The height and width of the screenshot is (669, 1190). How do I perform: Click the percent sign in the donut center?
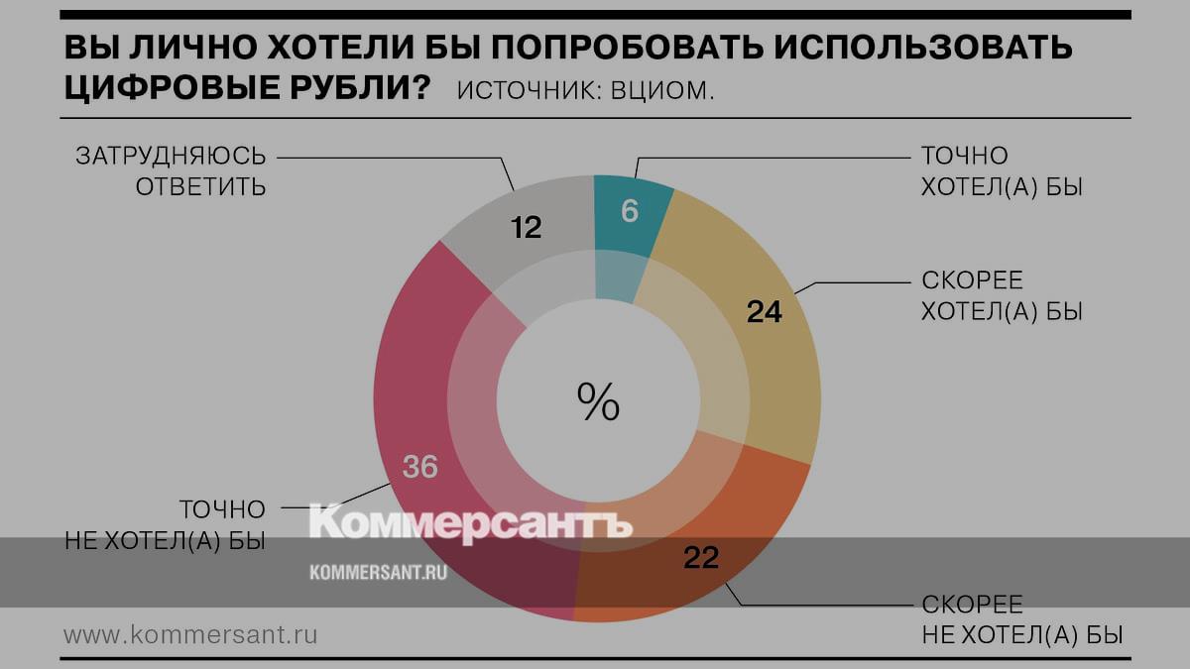tap(598, 402)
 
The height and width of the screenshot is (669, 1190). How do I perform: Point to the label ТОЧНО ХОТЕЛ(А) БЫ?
tap(1001, 170)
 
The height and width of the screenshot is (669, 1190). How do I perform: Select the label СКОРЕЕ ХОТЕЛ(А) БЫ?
tap(1001, 295)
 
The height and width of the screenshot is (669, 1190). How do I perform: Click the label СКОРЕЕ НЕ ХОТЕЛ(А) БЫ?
tap(1021, 619)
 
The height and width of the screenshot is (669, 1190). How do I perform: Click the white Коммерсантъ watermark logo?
tap(470, 522)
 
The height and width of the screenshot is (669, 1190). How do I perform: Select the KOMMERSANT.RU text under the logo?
tap(378, 572)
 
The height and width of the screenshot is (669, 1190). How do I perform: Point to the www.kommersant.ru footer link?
tap(190, 634)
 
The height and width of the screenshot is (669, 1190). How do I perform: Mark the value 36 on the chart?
tap(420, 466)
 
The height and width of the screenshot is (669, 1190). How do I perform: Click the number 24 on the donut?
tap(765, 312)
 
